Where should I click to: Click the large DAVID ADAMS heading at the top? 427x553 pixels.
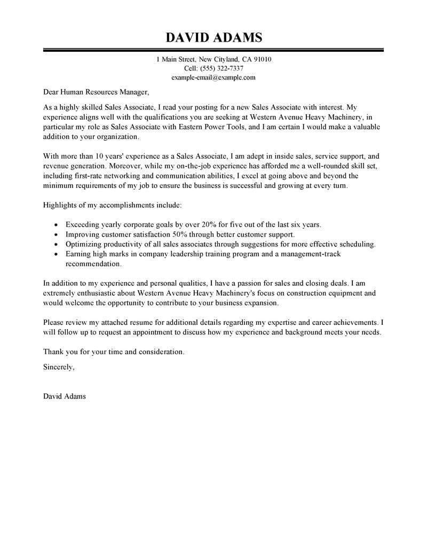(x=213, y=37)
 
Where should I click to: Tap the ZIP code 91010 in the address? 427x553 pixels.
(x=261, y=59)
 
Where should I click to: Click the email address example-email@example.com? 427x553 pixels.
(x=213, y=77)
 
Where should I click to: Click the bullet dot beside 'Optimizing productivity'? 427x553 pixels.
(x=56, y=244)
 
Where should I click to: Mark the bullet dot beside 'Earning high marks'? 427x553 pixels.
(x=56, y=254)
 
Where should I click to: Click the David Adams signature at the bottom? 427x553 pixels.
(x=64, y=396)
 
